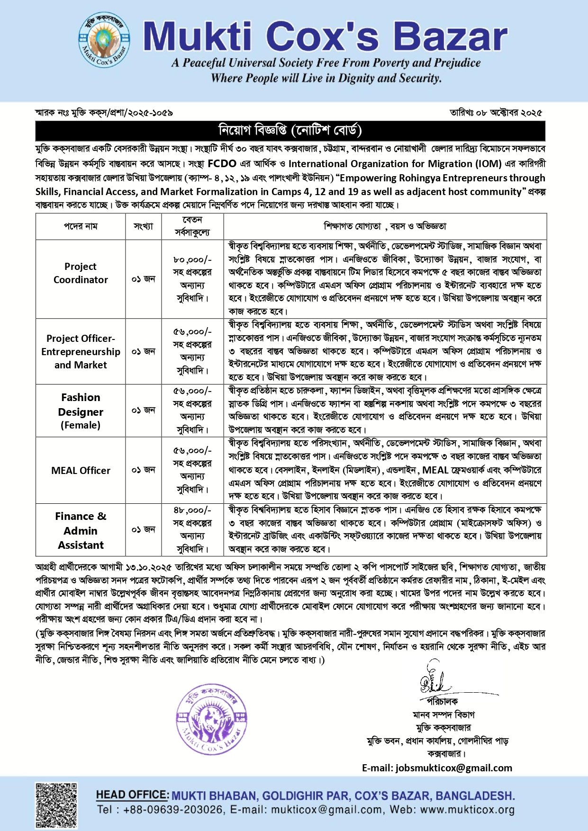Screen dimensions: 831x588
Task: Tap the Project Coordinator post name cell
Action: (81, 273)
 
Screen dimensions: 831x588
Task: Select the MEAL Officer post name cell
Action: (81, 470)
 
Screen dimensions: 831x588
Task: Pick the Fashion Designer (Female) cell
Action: (81, 411)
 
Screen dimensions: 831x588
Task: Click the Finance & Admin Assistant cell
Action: (81, 530)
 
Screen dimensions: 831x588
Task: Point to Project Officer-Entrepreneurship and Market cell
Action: (81, 351)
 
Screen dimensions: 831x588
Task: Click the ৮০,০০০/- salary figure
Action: (192, 259)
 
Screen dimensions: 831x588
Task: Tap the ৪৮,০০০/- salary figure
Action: (192, 510)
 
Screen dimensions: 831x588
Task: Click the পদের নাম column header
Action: (81, 226)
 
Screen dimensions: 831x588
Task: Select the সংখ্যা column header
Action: (143, 226)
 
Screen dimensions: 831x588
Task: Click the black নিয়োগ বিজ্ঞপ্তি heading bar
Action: (290, 130)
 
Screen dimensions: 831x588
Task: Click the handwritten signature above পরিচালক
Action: (434, 681)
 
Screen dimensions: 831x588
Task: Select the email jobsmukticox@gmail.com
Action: (454, 768)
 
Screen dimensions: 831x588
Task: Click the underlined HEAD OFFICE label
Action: (132, 795)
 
